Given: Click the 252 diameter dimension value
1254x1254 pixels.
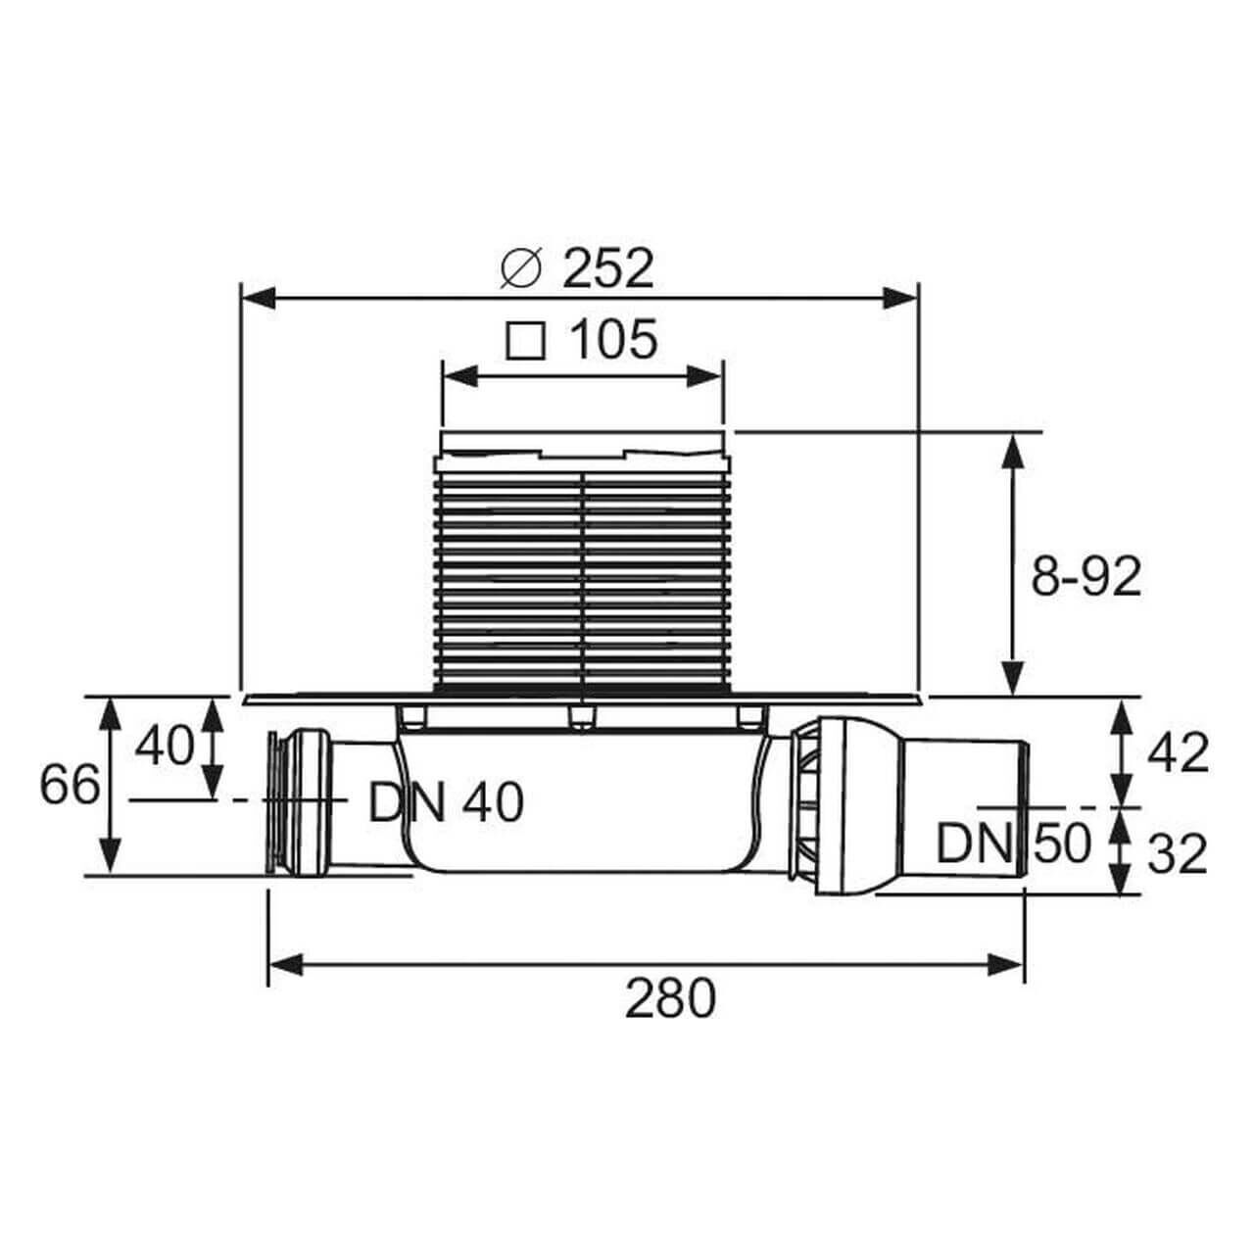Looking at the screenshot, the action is point(607,269).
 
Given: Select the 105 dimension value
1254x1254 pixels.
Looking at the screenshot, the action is point(613,339).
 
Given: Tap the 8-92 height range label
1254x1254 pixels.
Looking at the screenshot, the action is point(1086,577).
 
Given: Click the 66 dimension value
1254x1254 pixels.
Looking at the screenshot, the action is point(70,785).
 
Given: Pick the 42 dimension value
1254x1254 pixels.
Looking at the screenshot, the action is point(1178,754).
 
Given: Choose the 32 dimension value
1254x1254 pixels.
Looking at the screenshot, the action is point(1178,854).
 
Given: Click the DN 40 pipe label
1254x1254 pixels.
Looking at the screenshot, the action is point(446,803).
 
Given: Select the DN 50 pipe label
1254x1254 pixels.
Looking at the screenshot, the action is point(1013,844).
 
